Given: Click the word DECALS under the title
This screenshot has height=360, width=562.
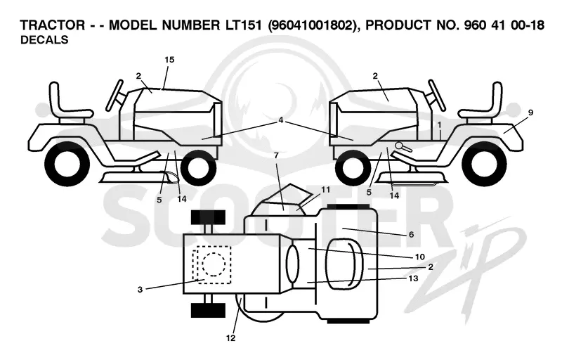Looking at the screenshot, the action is point(44,40).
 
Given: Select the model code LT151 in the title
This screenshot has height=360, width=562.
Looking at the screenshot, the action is point(243,25).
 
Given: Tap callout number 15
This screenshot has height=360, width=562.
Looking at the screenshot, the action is point(169,60).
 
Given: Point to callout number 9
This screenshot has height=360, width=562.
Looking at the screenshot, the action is point(530,112).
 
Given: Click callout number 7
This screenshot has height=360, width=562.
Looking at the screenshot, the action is point(276,155).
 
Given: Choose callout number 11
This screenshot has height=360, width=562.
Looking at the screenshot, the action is point(325,190).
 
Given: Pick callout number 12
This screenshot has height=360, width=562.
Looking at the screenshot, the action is point(231,337).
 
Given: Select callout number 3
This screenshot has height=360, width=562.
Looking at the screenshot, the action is point(140,290).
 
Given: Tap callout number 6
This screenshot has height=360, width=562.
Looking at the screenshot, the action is point(411,235).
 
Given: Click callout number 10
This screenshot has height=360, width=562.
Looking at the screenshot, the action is point(419,257).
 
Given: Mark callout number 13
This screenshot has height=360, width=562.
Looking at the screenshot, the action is point(413,278).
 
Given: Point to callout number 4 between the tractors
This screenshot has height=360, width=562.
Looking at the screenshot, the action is point(280,120).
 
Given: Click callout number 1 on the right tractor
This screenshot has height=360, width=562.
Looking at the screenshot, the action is point(439,124).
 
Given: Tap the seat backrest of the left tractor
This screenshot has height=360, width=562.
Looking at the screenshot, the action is point(55,96).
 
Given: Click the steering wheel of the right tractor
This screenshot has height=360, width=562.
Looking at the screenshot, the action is point(437,96).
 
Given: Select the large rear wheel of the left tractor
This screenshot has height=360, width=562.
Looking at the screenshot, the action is point(67,164).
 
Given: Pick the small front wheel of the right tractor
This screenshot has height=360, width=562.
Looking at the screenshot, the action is point(353,167).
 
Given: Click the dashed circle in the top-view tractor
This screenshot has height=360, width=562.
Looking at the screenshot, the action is point(214,264).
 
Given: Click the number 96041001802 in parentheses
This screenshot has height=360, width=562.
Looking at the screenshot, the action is point(313,25).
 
